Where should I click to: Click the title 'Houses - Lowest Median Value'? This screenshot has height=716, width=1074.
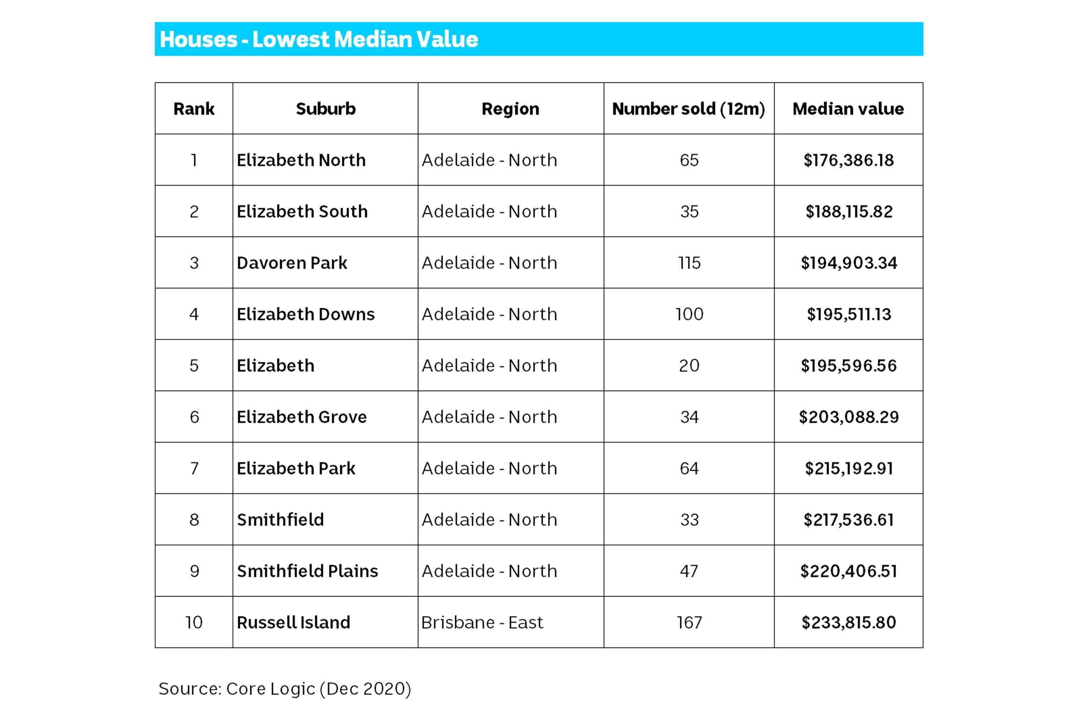319,39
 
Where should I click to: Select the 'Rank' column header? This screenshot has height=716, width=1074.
194,109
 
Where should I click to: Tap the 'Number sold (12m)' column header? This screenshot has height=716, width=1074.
688,109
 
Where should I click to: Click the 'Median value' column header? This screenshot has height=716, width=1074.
848,109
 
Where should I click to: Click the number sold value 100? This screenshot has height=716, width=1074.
689,314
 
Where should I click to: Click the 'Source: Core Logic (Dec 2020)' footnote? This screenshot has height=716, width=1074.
285,688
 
